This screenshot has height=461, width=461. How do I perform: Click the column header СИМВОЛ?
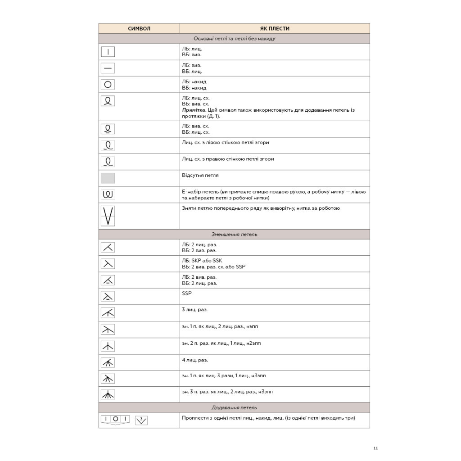(x=139, y=28)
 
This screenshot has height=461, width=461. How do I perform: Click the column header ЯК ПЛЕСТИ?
(x=275, y=28)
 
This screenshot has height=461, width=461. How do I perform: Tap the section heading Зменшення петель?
(x=234, y=235)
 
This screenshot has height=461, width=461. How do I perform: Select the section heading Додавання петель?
(x=234, y=408)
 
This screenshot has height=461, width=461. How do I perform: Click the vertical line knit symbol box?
(x=108, y=51)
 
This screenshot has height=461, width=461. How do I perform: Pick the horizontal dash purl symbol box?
(x=108, y=68)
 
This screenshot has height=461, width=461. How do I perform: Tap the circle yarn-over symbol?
(x=108, y=84)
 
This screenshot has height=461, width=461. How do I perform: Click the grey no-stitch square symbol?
(x=108, y=178)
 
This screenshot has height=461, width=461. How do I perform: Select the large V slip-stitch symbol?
(x=108, y=216)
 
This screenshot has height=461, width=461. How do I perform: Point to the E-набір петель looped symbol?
(x=108, y=194)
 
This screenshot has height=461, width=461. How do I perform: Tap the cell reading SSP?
(x=186, y=294)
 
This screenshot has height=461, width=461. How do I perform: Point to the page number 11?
(x=376, y=448)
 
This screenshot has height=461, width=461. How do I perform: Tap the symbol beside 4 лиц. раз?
(x=108, y=363)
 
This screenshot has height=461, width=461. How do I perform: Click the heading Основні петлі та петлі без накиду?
(x=234, y=39)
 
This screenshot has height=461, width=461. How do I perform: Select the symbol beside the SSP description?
(x=108, y=296)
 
